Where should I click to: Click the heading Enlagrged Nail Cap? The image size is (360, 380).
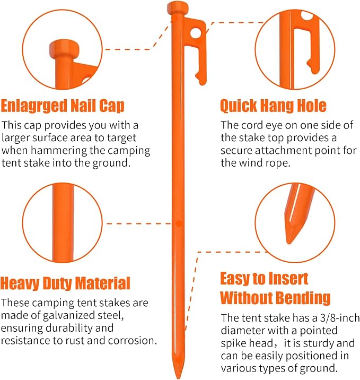click(x=63, y=106)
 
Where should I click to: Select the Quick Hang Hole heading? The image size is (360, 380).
click(x=273, y=106)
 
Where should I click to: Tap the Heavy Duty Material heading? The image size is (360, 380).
click(x=65, y=283)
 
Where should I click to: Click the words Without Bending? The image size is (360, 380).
click(x=275, y=298)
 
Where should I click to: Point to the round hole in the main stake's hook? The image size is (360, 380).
click(x=196, y=33)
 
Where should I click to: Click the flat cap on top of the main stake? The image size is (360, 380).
click(x=178, y=8)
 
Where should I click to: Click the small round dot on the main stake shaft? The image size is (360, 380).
click(x=179, y=223)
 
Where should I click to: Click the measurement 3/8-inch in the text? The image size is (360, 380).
click(x=340, y=318)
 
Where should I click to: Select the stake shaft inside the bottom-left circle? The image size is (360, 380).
click(x=63, y=222)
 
